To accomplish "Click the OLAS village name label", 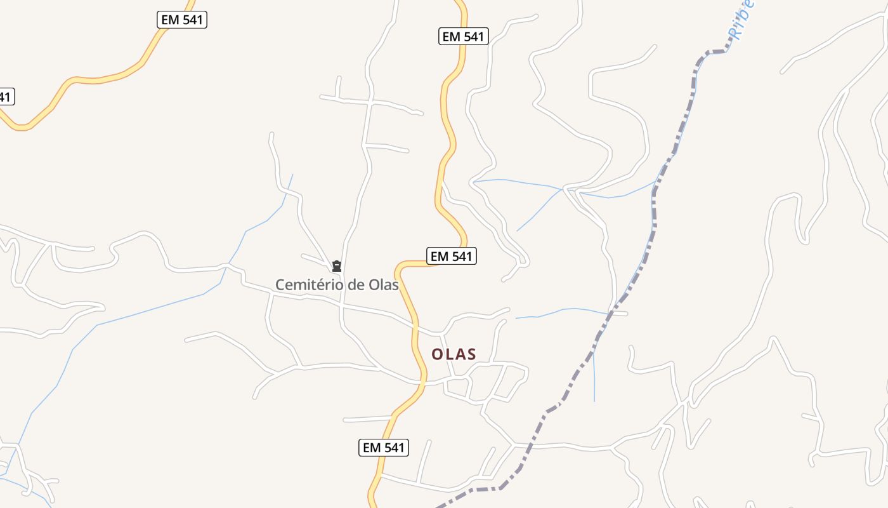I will coord(454,354).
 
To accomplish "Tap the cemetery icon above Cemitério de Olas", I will coord(337,266).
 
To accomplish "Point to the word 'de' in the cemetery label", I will coord(351,284).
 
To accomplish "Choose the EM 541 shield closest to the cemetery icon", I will coord(451,256).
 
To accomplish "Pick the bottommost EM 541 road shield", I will coord(383,447).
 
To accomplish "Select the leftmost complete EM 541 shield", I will coord(182,20).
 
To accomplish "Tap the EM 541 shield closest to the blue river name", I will coord(464,36).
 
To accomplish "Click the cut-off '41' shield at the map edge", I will coord(5,97).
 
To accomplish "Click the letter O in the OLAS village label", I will coord(437,354).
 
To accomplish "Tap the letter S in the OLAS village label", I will coord(471,354).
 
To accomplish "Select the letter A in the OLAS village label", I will coord(460,354).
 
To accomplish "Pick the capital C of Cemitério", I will coord(280,284).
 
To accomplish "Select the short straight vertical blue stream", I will coord(594,378).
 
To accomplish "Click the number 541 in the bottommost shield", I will coord(393,447).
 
